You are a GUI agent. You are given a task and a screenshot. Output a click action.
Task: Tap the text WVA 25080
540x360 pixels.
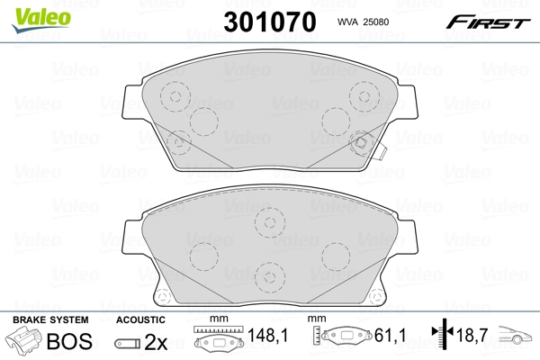pyautogui.click(x=363, y=22)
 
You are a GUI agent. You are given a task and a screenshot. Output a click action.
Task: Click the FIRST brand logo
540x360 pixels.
pyautogui.click(x=490, y=20)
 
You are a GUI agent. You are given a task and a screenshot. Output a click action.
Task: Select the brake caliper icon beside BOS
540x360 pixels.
pyautogui.click(x=24, y=342)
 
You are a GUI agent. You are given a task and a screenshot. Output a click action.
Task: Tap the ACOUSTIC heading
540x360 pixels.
pyautogui.click(x=140, y=319)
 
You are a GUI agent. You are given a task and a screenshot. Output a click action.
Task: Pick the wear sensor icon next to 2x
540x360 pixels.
pyautogui.click(x=127, y=342)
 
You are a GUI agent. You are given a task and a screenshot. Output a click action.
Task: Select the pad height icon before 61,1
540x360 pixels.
pyautogui.click(x=344, y=337)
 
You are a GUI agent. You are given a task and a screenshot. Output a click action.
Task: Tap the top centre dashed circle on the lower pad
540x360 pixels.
pyautogui.click(x=268, y=221)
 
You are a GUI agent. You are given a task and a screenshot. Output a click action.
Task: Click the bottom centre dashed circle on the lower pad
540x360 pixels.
pyautogui.click(x=268, y=274)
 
